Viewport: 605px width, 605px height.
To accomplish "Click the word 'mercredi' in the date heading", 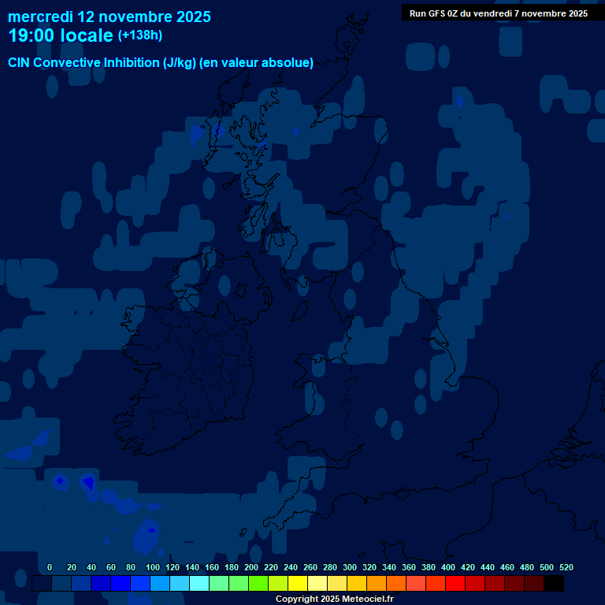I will (x=40, y=17).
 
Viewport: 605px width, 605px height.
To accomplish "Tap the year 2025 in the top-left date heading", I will (x=191, y=17).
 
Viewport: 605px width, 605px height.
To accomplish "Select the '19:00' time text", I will (x=32, y=35).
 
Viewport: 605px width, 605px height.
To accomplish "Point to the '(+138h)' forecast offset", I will (x=140, y=35).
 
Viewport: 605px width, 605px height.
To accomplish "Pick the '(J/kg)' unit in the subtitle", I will (x=180, y=63).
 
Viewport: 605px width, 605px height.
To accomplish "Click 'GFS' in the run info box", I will (x=438, y=13).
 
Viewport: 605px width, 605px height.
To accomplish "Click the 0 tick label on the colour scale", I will (x=50, y=567).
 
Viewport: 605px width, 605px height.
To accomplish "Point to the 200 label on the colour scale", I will (x=251, y=567).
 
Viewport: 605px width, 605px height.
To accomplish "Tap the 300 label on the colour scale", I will (x=350, y=567).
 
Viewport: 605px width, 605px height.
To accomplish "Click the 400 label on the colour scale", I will (x=448, y=567).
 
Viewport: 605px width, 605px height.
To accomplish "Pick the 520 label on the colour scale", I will (x=566, y=567).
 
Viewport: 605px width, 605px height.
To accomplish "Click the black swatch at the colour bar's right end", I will (x=554, y=584).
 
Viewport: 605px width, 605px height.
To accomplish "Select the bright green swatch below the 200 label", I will (x=258, y=584).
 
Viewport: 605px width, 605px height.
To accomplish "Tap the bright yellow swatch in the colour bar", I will (x=298, y=584).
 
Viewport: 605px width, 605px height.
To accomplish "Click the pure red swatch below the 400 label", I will (x=455, y=584).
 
